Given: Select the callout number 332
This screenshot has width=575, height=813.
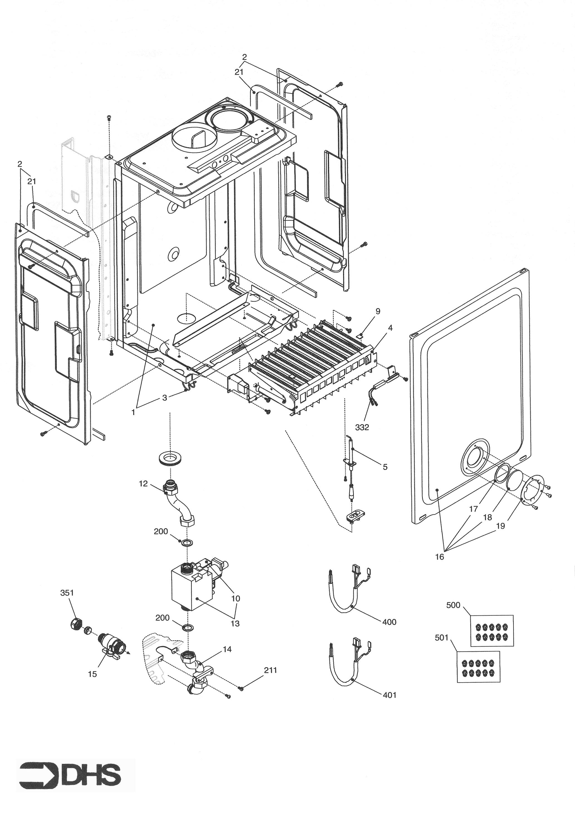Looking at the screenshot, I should pos(362,428).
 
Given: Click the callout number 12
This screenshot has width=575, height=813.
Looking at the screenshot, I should pos(143,484).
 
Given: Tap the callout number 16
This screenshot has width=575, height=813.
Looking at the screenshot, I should pos(439,557).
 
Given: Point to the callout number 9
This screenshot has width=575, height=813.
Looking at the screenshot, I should pos(378,311).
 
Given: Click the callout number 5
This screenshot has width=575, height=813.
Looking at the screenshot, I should pos(385,467).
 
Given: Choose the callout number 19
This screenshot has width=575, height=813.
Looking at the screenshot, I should pos(500,526).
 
